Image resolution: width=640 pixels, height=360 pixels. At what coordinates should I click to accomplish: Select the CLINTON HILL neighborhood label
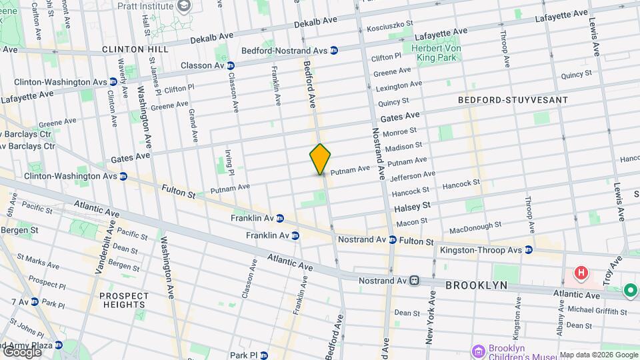133,49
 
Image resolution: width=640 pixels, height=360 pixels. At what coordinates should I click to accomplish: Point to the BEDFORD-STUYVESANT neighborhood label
513,100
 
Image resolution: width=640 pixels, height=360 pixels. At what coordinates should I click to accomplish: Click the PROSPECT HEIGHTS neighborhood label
124,301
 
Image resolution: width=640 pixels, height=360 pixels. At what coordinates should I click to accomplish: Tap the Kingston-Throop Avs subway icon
529,250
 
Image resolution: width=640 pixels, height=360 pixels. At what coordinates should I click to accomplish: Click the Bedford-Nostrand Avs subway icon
334,50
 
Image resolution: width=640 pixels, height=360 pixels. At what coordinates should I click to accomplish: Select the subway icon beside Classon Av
230,66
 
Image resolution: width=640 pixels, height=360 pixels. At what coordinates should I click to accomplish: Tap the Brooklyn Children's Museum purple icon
478,351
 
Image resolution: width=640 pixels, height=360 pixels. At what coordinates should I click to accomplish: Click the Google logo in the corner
21,351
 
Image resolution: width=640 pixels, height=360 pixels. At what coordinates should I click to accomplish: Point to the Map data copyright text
598,355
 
